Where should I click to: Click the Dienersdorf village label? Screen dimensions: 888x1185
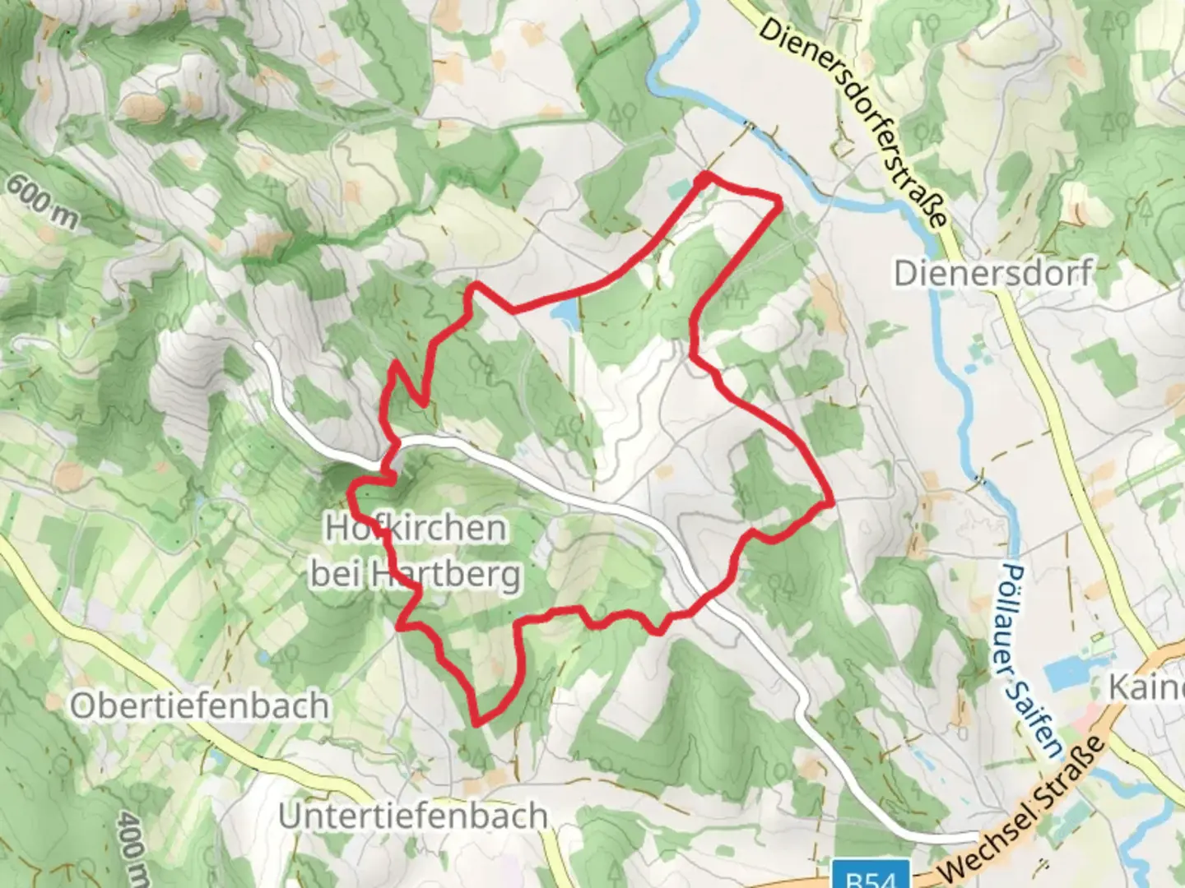click(x=993, y=272)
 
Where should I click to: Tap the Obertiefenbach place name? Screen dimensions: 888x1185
click(x=199, y=705)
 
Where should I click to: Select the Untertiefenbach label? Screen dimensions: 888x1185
click(x=413, y=816)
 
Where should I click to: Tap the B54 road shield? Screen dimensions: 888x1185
click(x=870, y=875)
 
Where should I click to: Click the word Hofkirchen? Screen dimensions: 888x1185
click(x=416, y=528)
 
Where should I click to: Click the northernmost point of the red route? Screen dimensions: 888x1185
click(x=704, y=176)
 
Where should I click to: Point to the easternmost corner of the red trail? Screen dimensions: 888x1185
click(x=832, y=500)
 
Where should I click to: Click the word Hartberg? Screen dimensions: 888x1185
click(x=445, y=574)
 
